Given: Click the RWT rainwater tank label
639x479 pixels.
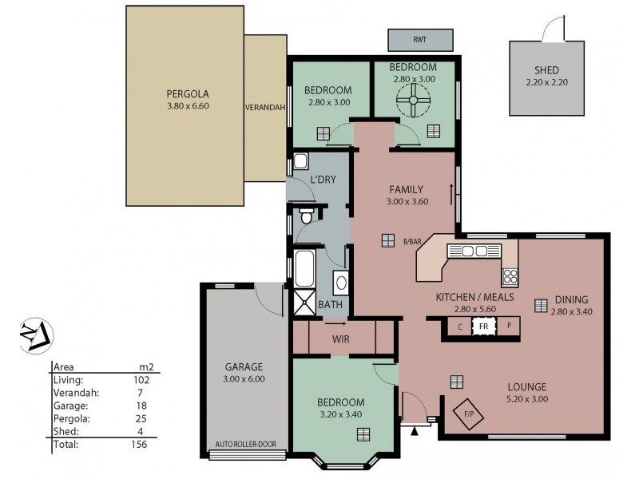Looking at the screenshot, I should click(420, 39).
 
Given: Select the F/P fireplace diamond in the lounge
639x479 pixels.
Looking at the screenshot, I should click(469, 414).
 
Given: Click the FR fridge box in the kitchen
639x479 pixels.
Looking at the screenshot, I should click(482, 326).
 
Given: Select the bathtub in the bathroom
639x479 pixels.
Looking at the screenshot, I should click(304, 269).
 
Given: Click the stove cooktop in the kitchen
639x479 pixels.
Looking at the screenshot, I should click(509, 277).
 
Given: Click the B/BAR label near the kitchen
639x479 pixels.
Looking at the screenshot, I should click(412, 242).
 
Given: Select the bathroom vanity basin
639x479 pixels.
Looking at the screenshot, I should click(340, 283).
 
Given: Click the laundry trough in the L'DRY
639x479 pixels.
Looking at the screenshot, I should click(300, 161).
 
